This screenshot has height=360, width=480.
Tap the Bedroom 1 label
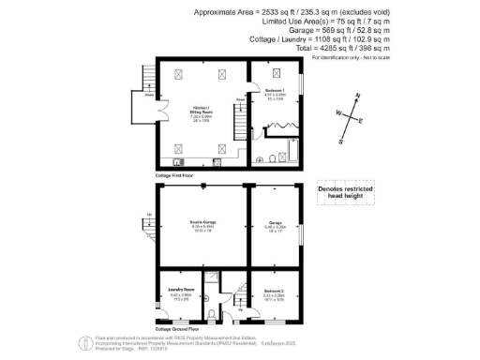[275, 93]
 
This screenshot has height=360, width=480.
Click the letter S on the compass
[341, 141]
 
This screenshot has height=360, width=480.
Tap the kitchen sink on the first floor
[217, 162]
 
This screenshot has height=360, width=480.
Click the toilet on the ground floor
[221, 313]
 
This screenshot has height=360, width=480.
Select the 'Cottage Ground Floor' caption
[177, 329]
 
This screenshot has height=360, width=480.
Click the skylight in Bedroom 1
[274, 74]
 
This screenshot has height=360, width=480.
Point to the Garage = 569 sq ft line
[277, 30]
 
